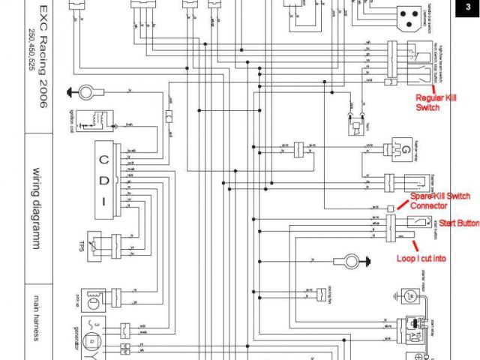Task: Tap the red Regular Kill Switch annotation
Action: pyautogui.click(x=438, y=102)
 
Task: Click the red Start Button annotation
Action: pyautogui.click(x=458, y=223)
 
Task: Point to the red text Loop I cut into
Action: pyautogui.click(x=421, y=258)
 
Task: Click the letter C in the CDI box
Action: pyautogui.click(x=105, y=159)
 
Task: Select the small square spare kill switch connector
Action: pyautogui.click(x=390, y=206)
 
